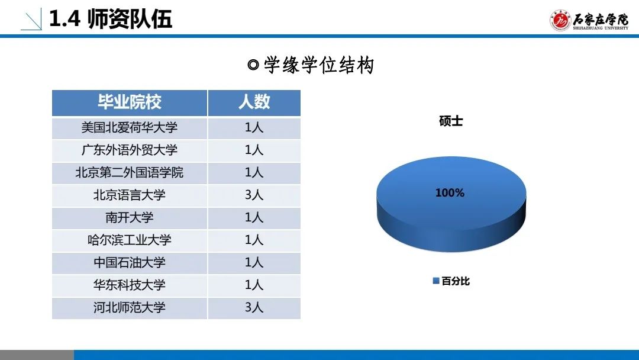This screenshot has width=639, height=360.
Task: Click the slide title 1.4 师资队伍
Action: pos(111,19)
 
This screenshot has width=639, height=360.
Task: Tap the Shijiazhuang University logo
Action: pos(589,20)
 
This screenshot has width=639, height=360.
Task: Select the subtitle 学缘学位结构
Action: pos(311,65)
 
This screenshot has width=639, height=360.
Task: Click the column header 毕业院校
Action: pos(130,102)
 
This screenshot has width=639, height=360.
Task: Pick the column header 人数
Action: pos(254,102)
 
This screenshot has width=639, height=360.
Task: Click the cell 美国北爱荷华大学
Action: pos(130,128)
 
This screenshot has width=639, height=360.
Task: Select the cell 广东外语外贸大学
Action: pos(130,150)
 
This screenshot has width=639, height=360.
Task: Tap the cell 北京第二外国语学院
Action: pos(130,172)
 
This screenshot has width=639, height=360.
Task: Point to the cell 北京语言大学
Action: pos(130,195)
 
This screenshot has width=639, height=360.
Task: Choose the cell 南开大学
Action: pos(130,217)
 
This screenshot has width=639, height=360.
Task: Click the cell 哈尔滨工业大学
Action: pos(130,240)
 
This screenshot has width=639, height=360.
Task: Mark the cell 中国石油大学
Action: pos(130,262)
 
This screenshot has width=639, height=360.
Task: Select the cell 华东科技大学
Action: pos(130,285)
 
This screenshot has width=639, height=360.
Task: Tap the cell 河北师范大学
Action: pos(130,307)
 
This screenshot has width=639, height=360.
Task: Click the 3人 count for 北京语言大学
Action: pos(254,195)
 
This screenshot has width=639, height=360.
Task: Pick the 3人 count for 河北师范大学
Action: pos(254,307)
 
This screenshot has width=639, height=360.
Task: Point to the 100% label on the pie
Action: pos(450,193)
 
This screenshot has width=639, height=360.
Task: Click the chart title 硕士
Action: pos(451,121)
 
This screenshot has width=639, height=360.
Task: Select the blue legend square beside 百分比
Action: pos(436,281)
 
